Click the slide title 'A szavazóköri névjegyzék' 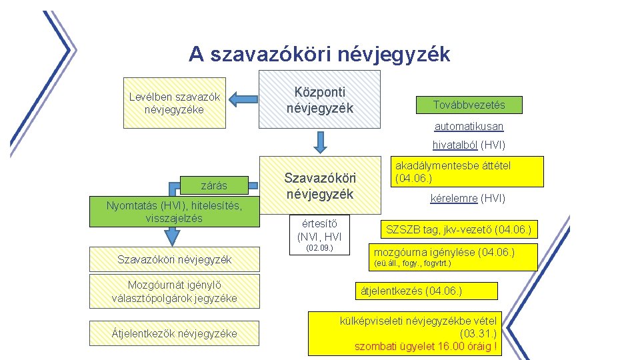tap(319, 54)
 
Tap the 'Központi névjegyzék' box tap(319, 99)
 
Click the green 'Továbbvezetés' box tap(469, 105)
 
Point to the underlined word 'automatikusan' tap(469, 126)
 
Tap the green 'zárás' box tap(214, 185)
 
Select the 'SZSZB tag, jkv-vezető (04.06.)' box tap(459, 230)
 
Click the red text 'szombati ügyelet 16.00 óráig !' tap(425, 346)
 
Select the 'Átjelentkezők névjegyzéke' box tap(174, 333)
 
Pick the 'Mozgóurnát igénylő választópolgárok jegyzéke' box tap(174, 291)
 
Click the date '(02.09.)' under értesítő tap(319, 249)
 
